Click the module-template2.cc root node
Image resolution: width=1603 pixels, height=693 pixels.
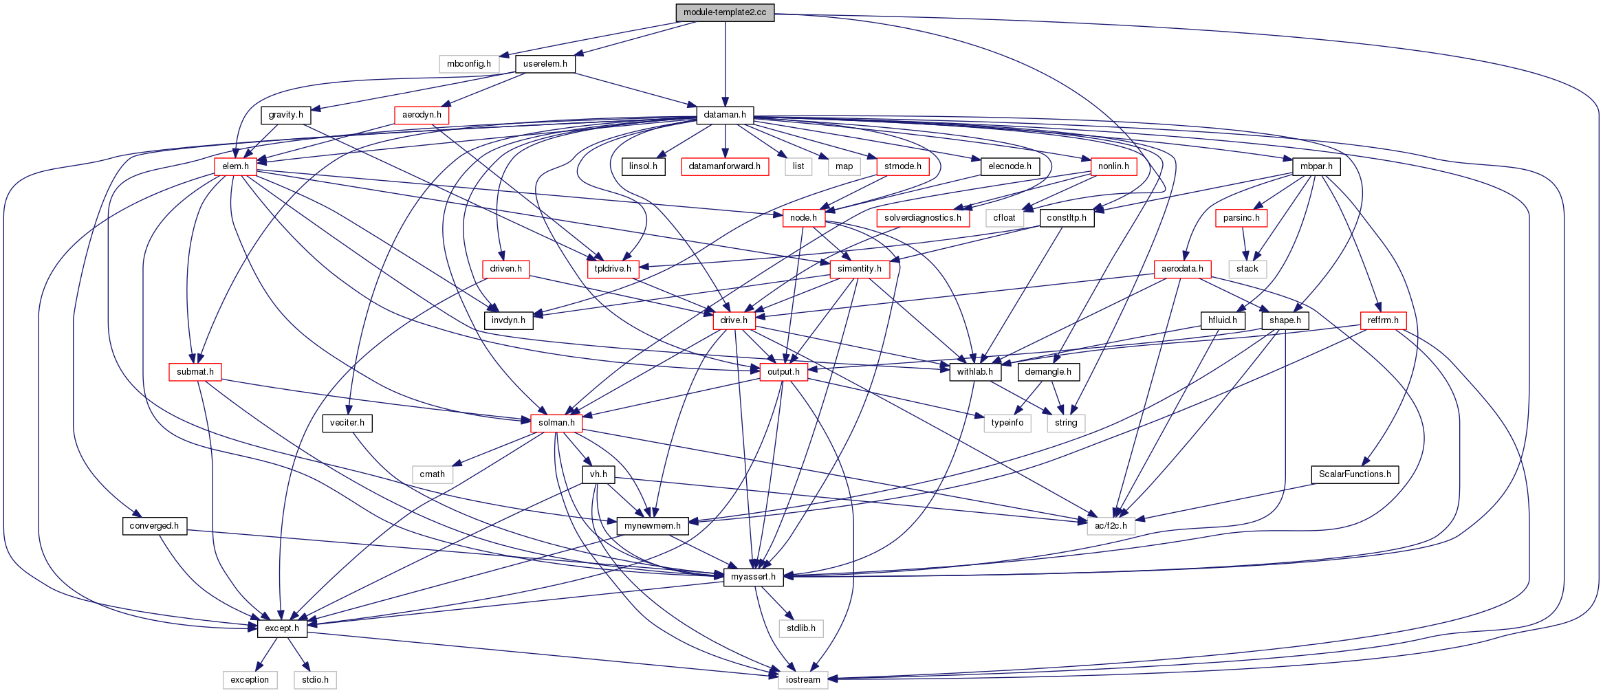724,12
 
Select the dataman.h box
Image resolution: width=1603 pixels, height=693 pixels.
724,115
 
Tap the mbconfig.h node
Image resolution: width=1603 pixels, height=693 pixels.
468,64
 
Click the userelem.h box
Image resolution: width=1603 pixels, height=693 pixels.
545,64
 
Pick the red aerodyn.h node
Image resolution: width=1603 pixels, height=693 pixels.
422,115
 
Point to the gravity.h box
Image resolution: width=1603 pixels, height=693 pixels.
285,115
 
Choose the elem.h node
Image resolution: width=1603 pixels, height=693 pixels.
235,166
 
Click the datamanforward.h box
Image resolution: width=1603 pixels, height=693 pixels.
724,166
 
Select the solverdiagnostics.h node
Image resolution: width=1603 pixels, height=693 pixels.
922,218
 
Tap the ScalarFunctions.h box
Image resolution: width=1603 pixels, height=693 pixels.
1354,474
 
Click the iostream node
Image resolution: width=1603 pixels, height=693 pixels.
803,680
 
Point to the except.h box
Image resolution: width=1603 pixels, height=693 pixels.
282,628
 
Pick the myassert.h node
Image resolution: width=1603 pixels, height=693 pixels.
753,577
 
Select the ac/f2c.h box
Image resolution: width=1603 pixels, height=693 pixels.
1111,526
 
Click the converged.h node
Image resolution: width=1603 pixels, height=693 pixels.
154,526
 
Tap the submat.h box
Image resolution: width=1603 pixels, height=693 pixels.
195,372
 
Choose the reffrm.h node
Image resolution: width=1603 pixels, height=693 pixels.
1383,320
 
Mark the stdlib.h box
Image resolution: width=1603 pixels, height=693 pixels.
801,628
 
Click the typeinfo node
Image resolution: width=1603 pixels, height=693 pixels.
1007,423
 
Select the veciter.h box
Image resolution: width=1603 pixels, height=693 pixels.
347,423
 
